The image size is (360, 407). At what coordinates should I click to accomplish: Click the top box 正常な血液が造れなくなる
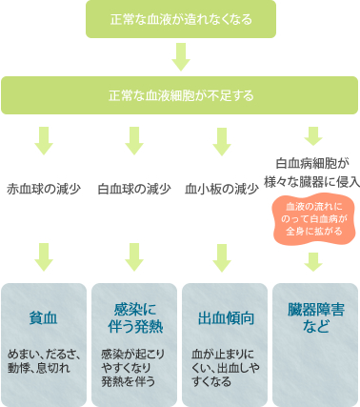click(x=181, y=19)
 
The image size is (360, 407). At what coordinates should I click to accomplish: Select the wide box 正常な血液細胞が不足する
click(x=180, y=95)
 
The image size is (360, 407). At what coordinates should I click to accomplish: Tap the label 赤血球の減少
click(x=44, y=189)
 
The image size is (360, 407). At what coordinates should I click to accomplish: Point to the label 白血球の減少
click(x=134, y=189)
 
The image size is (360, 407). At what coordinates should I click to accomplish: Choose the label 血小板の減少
click(x=222, y=189)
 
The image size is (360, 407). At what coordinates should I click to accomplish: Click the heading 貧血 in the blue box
click(x=44, y=316)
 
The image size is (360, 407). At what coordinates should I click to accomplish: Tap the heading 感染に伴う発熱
click(x=134, y=316)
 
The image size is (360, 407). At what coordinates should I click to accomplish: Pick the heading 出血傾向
click(x=222, y=316)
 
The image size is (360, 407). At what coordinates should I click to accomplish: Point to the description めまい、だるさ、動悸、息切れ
click(x=44, y=360)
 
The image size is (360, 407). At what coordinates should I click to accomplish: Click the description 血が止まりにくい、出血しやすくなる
click(x=222, y=365)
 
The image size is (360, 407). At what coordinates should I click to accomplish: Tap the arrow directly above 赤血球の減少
click(x=44, y=140)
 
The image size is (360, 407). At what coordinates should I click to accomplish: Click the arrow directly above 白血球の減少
click(x=134, y=140)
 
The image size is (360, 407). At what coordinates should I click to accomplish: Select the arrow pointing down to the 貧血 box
click(x=44, y=255)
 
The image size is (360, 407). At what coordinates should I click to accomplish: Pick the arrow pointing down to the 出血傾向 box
click(x=222, y=255)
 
